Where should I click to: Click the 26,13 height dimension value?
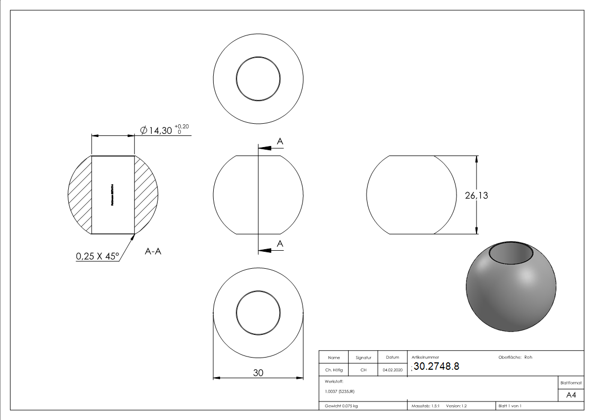(x=476, y=196)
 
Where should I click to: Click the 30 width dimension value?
(x=258, y=372)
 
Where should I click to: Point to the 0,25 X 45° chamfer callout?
(x=98, y=257)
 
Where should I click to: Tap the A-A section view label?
(x=153, y=252)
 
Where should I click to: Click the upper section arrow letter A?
(x=280, y=141)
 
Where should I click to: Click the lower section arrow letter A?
(x=280, y=243)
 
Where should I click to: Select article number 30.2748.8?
(x=436, y=367)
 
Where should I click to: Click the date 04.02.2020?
(x=392, y=370)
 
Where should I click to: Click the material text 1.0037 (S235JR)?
(x=340, y=391)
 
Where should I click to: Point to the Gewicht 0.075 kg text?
(x=342, y=406)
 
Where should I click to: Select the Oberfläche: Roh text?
(x=515, y=357)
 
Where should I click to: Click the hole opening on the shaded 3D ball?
(x=511, y=253)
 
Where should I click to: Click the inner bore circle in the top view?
(x=258, y=80)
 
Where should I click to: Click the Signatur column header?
(x=363, y=358)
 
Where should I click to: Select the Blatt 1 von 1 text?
(x=510, y=406)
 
